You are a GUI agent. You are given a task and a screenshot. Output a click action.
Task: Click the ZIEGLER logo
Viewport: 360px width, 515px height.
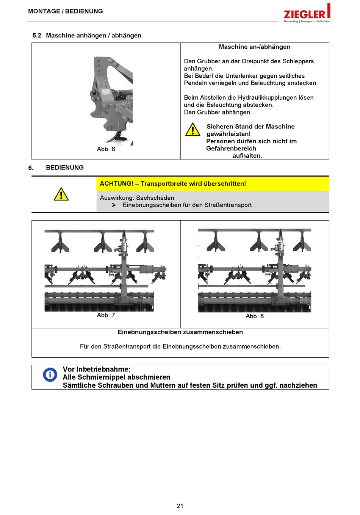(307, 14)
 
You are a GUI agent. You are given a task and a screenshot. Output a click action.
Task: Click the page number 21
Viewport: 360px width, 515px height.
(180, 506)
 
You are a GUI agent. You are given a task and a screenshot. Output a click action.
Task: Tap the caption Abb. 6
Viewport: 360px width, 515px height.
(106, 149)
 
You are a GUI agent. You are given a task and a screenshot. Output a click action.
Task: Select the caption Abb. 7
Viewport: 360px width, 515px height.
(106, 315)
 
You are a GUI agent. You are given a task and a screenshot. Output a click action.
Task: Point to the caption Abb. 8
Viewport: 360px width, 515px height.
(255, 316)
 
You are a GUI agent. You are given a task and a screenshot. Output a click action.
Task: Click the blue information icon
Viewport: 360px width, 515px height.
(50, 375)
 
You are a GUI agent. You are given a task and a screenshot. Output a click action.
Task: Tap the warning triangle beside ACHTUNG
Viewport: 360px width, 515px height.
(61, 194)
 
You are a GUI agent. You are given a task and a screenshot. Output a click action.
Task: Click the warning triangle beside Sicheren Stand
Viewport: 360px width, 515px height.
(193, 130)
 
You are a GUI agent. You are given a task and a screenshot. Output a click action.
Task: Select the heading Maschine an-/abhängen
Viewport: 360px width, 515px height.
(255, 47)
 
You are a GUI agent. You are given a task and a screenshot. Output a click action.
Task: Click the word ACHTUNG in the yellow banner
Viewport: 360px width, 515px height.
(116, 184)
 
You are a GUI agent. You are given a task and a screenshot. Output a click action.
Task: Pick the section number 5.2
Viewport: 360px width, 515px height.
(37, 36)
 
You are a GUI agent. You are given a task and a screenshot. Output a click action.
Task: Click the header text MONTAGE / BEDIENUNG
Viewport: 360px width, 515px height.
(66, 11)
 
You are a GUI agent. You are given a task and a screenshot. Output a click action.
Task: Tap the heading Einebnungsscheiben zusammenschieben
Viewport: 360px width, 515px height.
(180, 332)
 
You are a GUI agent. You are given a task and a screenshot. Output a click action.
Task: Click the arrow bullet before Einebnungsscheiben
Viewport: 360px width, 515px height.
(114, 205)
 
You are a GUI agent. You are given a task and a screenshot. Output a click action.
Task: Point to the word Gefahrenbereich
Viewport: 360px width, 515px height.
(231, 149)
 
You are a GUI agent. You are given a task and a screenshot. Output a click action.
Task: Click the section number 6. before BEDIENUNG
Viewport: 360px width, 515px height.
(31, 168)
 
